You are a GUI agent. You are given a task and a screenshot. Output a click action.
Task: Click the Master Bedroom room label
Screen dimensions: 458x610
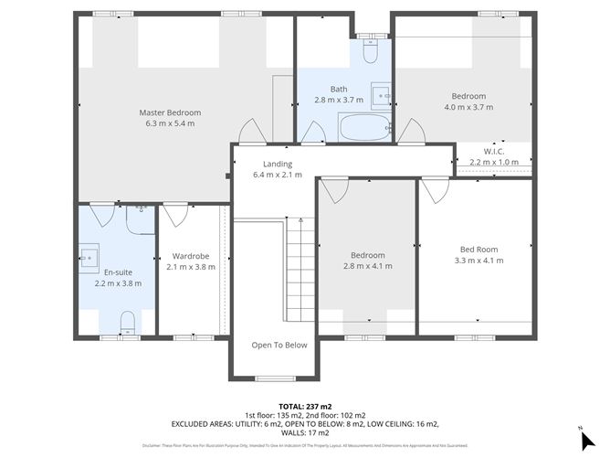pos(170,112)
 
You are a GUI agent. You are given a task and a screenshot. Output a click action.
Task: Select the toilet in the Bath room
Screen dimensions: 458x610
pos(370,53)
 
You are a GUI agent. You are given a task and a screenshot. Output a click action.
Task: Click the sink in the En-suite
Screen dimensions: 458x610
pos(89,258)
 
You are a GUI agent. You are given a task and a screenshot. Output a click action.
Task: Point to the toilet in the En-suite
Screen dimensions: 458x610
pos(128,322)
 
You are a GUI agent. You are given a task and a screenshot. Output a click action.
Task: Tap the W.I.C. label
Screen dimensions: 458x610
pos(493,151)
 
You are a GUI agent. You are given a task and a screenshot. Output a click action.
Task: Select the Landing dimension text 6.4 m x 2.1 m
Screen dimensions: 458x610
pos(277,175)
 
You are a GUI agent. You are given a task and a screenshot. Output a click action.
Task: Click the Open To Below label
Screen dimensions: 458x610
pos(279,345)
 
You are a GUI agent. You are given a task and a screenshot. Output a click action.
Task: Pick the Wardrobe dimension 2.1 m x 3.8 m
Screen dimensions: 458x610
pos(191,267)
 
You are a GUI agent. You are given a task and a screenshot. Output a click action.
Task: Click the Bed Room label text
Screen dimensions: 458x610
pos(479,249)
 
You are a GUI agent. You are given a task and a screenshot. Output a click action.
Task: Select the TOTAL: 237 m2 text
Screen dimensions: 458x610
pos(305,405)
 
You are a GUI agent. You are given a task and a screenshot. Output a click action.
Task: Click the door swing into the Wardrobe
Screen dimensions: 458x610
pos(174,214)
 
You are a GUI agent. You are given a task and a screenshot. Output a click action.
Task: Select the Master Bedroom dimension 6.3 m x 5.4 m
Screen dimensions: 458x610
pos(170,123)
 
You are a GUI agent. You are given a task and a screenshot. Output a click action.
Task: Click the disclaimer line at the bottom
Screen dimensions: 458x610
pos(305,445)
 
